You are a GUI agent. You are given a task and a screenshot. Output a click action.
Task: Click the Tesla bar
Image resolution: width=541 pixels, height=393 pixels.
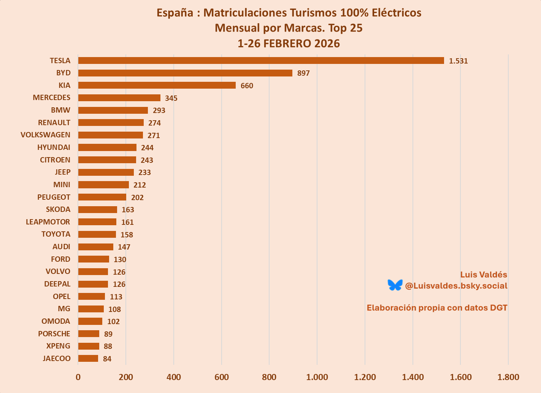[x=261, y=60]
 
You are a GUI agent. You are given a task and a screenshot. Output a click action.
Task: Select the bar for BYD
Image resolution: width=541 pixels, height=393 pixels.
[x=185, y=73]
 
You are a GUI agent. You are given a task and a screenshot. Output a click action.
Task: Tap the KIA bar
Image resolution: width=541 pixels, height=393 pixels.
[x=157, y=85]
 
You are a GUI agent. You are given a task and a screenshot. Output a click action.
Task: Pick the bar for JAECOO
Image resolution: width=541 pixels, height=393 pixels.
[x=88, y=358]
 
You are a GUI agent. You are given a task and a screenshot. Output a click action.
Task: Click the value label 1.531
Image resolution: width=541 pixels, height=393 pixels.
[x=458, y=61]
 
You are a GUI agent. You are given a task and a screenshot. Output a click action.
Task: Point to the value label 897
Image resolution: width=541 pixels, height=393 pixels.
[x=303, y=73]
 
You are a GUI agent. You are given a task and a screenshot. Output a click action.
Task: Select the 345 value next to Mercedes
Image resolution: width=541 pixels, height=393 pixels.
[x=171, y=98]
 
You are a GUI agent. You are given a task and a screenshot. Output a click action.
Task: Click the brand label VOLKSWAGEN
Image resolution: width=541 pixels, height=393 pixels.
[x=45, y=135]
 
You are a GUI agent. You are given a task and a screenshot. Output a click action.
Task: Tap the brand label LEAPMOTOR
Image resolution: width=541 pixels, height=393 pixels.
[x=48, y=222]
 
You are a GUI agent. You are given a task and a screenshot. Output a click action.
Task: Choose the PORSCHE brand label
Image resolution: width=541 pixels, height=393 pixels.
[x=54, y=334]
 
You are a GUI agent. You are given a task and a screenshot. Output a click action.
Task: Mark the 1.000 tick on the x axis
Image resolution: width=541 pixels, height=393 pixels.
[x=317, y=377]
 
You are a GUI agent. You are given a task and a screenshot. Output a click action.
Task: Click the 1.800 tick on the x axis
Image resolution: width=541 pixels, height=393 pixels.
[x=508, y=377]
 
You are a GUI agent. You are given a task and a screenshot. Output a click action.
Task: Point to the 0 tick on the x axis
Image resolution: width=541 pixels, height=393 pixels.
[x=78, y=377]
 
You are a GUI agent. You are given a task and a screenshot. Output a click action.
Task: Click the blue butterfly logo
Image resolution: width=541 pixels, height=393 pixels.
[x=395, y=285]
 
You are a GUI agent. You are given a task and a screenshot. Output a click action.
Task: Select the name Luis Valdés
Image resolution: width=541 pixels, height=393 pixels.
[x=484, y=275]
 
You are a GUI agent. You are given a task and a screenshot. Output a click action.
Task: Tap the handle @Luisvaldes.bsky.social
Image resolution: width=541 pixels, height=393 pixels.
[x=456, y=286]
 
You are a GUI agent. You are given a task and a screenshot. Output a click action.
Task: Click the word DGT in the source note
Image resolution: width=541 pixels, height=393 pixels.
[x=498, y=308]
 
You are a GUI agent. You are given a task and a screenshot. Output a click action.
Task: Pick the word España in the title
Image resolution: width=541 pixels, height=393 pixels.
[x=175, y=13]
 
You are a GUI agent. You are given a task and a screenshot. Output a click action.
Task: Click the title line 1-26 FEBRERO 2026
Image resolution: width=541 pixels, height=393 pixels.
[x=289, y=44]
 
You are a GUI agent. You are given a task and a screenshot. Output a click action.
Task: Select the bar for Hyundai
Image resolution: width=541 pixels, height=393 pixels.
[x=107, y=147]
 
